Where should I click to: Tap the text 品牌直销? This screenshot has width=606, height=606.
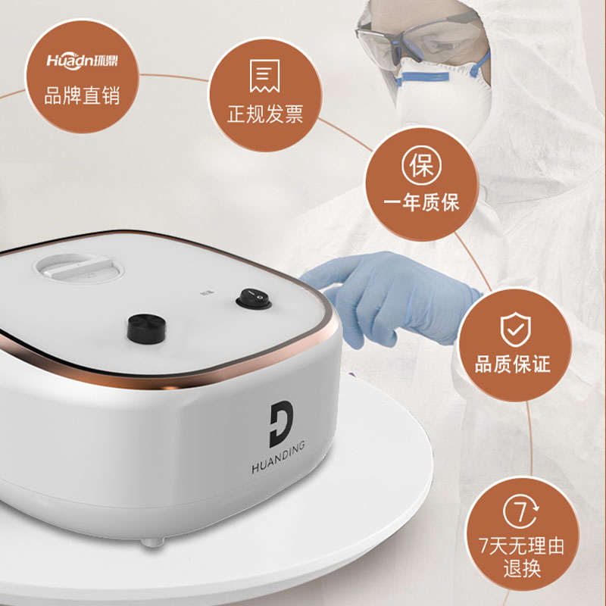(x=82, y=96)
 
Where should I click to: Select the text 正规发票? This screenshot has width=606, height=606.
(x=265, y=115)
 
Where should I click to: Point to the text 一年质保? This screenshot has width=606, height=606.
(x=421, y=202)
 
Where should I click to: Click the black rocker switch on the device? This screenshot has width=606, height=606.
(x=253, y=298)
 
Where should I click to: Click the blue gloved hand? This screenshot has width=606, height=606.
(x=394, y=292)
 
